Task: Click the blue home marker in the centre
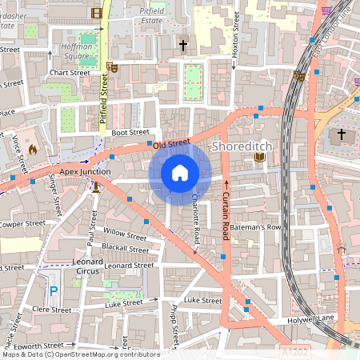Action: (x=180, y=172)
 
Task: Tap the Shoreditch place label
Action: (x=242, y=146)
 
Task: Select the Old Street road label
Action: (x=172, y=143)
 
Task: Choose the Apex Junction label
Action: (x=79, y=171)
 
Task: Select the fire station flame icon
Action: (x=32, y=149)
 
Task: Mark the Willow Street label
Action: (x=125, y=234)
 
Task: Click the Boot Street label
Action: (x=130, y=132)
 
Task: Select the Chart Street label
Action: (x=70, y=72)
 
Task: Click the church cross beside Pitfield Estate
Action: (x=183, y=46)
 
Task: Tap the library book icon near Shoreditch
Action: (x=259, y=158)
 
